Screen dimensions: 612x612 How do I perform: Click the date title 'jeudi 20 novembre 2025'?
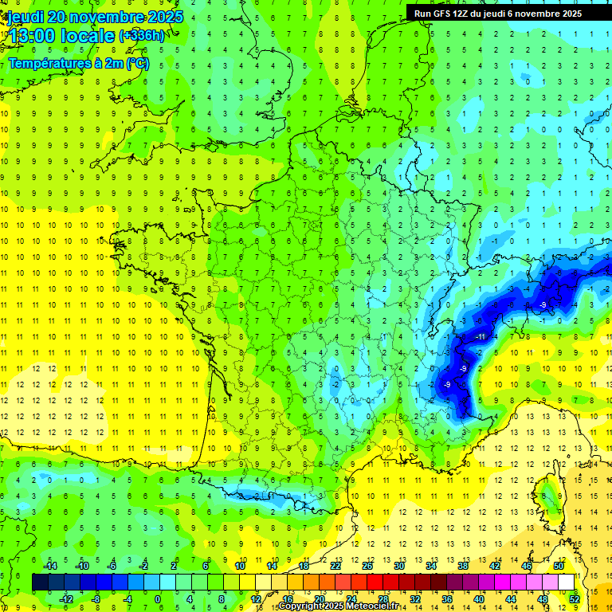pyautogui.click(x=94, y=17)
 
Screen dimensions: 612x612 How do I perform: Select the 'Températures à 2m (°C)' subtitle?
pyautogui.click(x=78, y=64)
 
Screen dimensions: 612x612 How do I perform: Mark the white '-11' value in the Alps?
pyautogui.click(x=480, y=337)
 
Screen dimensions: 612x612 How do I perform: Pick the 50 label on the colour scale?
pyautogui.click(x=558, y=565)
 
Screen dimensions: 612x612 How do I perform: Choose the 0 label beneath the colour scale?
pyautogui.click(x=157, y=598)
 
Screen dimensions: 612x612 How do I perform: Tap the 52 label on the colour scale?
pyautogui.click(x=575, y=598)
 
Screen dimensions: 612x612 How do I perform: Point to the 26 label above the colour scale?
pyautogui.click(x=367, y=565)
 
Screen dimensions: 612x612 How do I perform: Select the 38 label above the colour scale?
pyautogui.click(x=462, y=565)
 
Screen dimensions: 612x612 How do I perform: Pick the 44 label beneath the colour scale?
pyautogui.click(x=510, y=598)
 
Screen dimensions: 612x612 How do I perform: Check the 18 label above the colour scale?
pyautogui.click(x=303, y=565)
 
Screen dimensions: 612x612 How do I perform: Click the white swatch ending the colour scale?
pyautogui.click(x=566, y=582)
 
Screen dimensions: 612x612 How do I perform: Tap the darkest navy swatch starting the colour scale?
pyautogui.click(x=40, y=582)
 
